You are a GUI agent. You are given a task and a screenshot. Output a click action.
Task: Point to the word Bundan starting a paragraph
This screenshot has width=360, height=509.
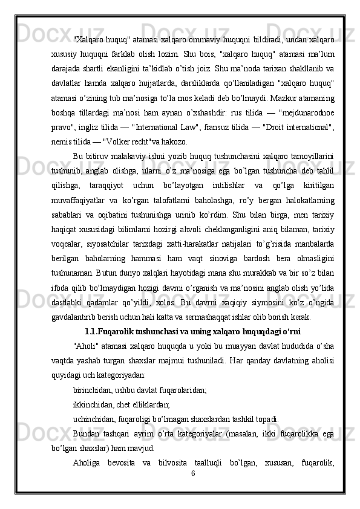[x=87, y=433]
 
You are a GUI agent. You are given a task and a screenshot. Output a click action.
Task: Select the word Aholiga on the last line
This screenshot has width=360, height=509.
[x=87, y=462]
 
